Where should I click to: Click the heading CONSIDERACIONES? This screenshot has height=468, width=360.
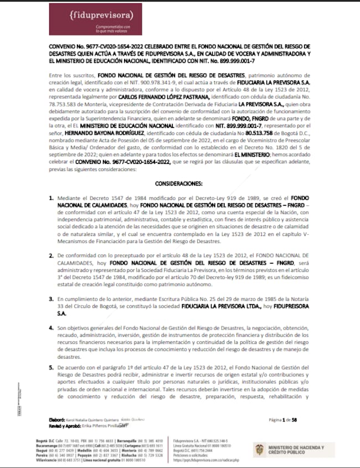179,182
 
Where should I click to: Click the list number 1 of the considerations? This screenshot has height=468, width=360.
52,198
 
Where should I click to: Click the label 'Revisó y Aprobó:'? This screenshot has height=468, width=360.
65,426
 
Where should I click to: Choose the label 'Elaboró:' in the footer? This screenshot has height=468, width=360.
58,420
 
